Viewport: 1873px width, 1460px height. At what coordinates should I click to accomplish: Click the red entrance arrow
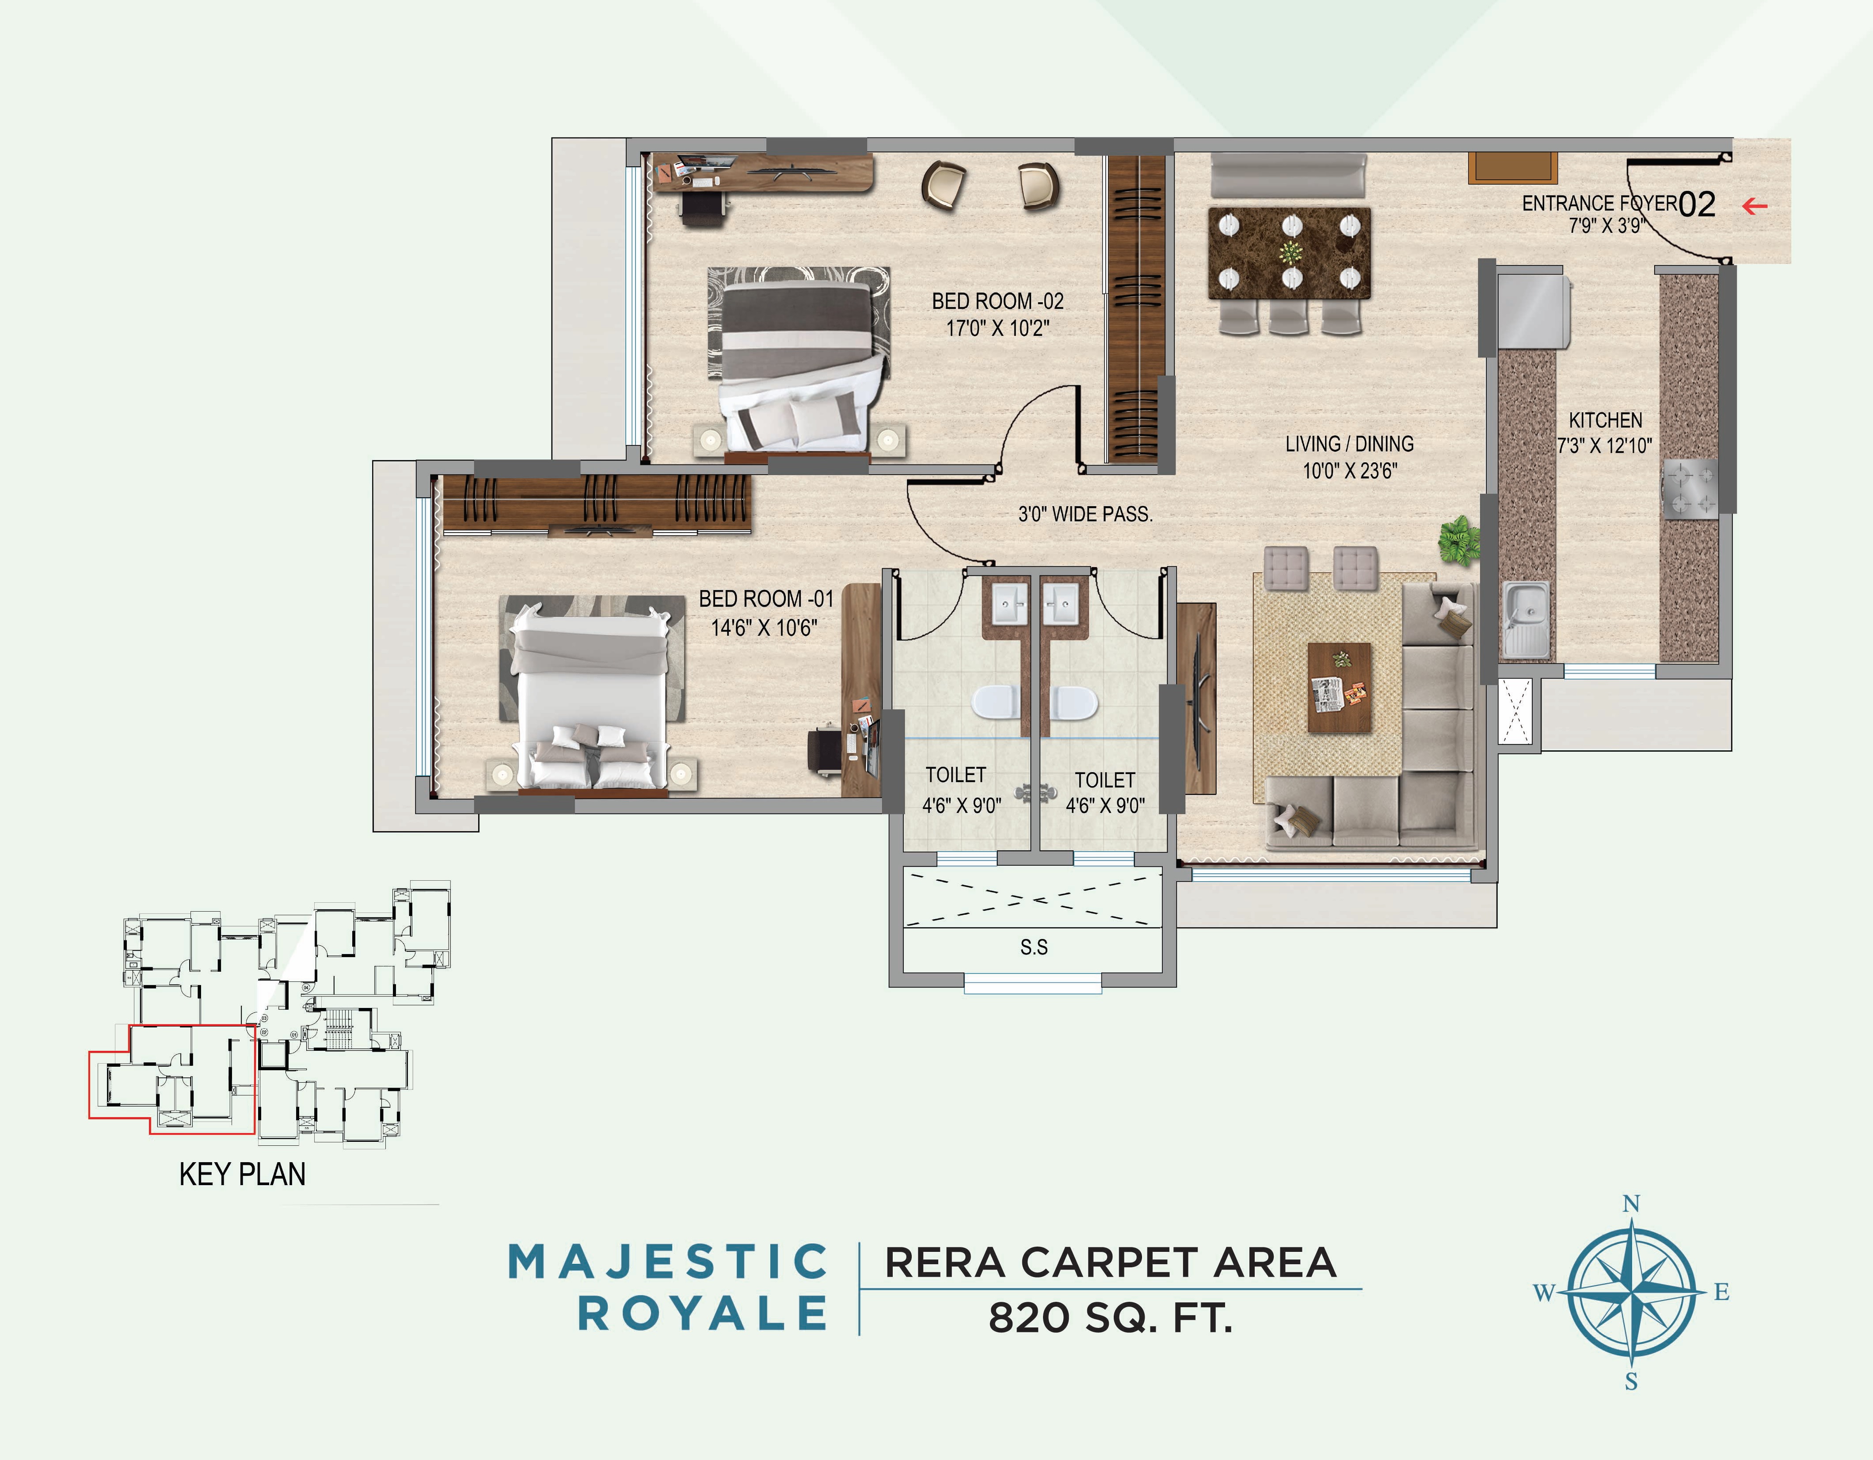(1755, 206)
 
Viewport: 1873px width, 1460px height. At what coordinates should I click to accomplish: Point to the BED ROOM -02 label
(997, 301)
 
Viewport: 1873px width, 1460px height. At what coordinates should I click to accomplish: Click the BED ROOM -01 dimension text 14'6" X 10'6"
(763, 627)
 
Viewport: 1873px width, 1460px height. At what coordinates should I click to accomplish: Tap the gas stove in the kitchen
(1690, 489)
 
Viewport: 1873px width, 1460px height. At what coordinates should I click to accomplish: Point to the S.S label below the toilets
(1033, 947)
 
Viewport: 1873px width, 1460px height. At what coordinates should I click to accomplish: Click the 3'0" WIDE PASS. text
(1085, 514)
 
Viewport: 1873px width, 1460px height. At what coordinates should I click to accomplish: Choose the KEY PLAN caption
(242, 1174)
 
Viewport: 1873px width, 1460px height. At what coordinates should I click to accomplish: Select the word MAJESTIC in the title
(668, 1262)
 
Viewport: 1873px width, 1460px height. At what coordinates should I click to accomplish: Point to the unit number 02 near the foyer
(1696, 204)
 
